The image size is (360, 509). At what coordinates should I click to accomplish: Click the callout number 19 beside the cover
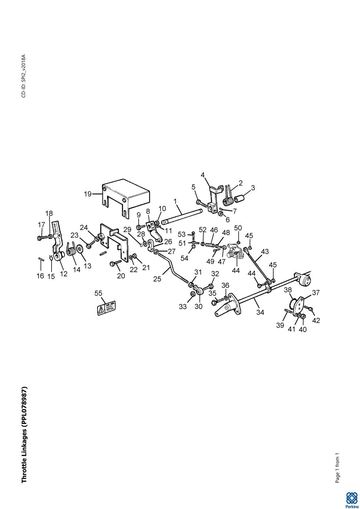[x=88, y=194]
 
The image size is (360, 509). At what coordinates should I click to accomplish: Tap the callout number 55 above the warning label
[x=98, y=293]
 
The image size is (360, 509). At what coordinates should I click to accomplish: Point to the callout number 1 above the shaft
[x=175, y=201]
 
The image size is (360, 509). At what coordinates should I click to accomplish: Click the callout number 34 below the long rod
[x=260, y=313]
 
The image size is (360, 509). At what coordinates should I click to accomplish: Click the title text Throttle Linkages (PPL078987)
[x=24, y=434]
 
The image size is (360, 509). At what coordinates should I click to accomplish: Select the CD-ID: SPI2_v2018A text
[x=24, y=76]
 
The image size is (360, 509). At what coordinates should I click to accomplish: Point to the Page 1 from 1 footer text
[x=337, y=468]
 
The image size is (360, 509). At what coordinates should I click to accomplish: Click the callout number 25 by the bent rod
[x=157, y=279]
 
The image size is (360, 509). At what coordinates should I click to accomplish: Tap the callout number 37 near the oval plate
[x=315, y=293]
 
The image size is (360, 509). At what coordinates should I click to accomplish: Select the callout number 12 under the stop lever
[x=63, y=274]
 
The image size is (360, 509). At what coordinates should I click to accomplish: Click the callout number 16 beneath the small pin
[x=40, y=276]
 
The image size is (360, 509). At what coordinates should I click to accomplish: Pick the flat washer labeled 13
[x=79, y=249]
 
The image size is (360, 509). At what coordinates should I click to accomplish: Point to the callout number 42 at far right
[x=316, y=321]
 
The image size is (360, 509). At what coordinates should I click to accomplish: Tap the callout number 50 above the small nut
[x=238, y=228]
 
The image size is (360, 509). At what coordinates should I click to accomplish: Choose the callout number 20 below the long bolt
[x=121, y=276]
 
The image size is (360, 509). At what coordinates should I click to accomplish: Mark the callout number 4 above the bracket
[x=202, y=175]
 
